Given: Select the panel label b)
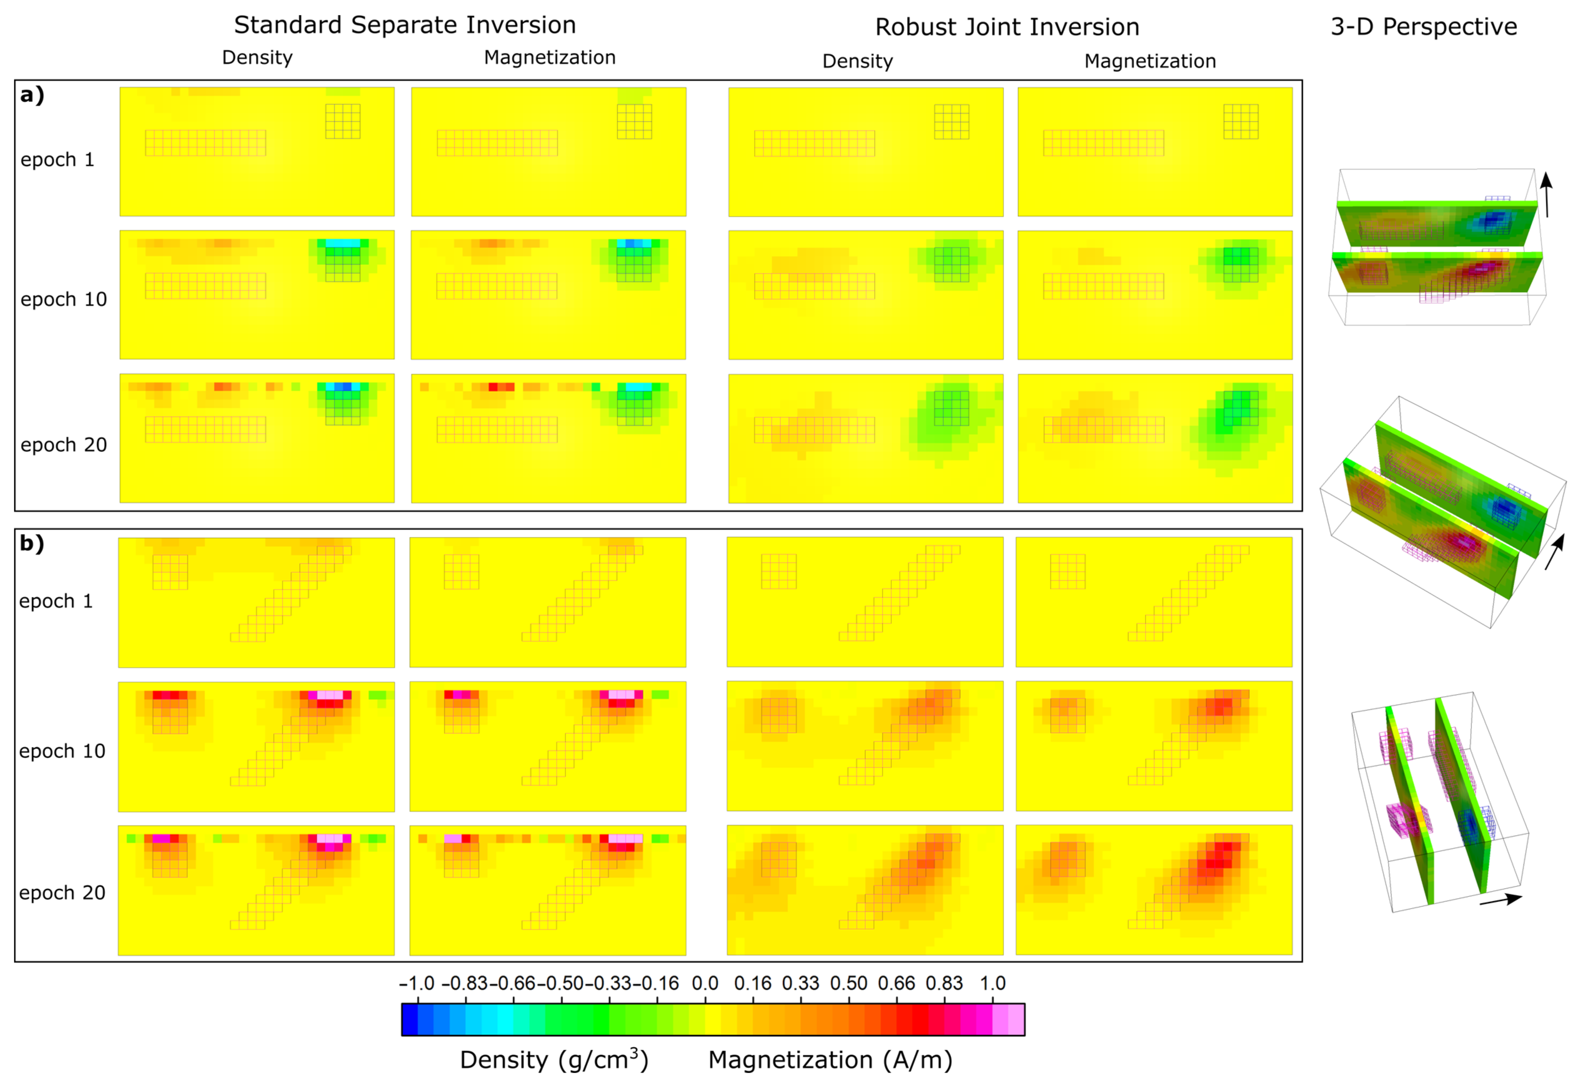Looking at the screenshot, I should coord(31,543).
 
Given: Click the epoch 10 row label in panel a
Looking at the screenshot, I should coord(63,300).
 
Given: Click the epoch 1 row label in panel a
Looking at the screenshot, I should coord(57,160).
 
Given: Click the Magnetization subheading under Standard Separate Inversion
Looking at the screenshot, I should coord(549,58).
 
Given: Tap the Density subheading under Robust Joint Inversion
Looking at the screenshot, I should coord(857,61).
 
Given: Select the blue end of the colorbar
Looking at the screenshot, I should coord(410,1019).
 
